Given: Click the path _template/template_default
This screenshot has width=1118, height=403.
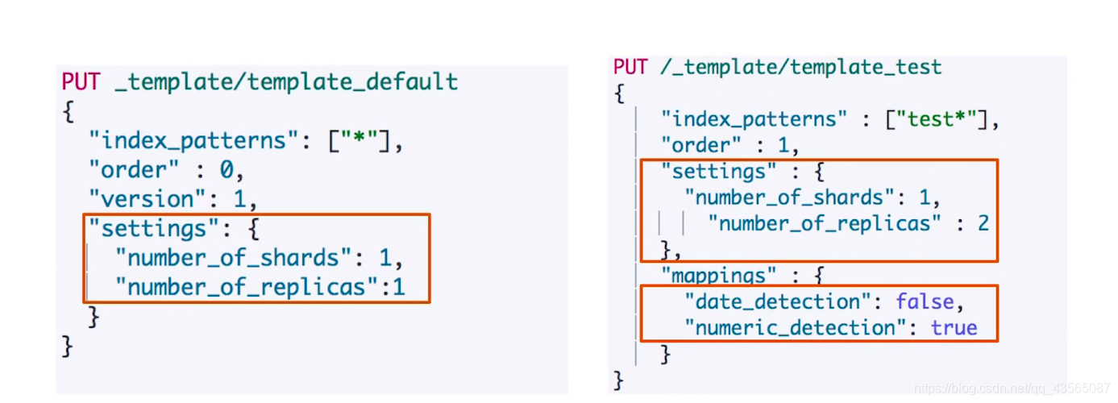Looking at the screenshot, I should tap(286, 81).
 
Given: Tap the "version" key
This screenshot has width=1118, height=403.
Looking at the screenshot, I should tap(142, 198).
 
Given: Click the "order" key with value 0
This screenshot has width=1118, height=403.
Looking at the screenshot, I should tap(132, 169).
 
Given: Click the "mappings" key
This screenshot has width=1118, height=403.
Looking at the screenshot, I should tap(719, 276).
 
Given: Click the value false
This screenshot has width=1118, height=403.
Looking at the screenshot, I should tap(925, 302).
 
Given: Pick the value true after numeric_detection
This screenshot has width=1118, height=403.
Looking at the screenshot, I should tap(954, 328).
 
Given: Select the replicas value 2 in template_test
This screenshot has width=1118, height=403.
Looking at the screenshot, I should tap(983, 223).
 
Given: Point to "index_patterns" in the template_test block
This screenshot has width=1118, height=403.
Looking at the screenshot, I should tap(754, 119).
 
